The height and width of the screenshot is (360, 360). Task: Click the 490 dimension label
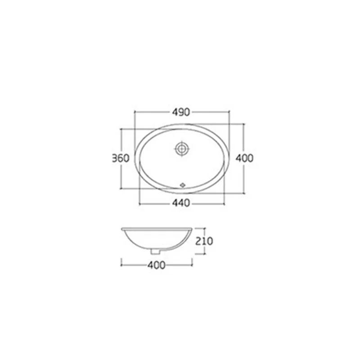pos(181,112)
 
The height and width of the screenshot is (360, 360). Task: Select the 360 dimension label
pos(121,158)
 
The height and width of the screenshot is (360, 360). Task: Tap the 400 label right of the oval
pos(244,158)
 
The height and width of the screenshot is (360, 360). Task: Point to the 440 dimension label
pos(181,203)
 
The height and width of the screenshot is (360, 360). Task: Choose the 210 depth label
pos(204,241)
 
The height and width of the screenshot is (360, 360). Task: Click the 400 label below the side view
pos(156,265)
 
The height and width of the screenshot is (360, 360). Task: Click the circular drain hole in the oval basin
pos(182,149)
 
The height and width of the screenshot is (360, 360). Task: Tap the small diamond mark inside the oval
pos(183,185)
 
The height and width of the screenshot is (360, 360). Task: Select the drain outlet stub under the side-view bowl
pos(155,252)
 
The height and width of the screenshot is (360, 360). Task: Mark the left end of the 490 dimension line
pos(135,112)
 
